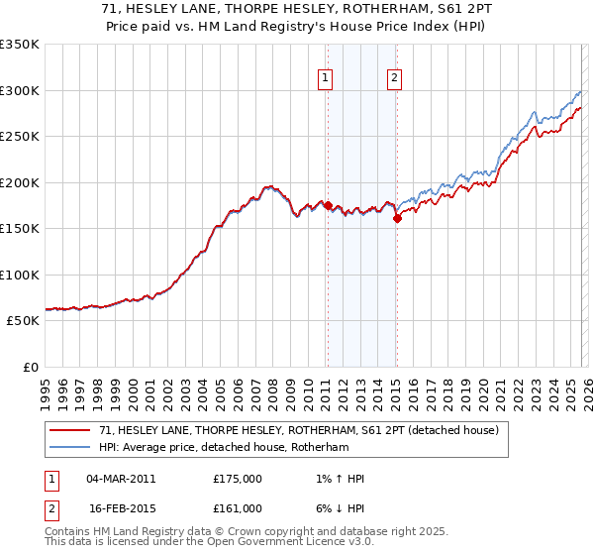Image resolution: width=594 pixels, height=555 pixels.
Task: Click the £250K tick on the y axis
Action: (x=20, y=136)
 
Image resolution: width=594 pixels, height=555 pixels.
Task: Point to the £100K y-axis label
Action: (x=20, y=275)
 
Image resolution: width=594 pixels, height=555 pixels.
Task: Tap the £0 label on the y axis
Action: (x=30, y=367)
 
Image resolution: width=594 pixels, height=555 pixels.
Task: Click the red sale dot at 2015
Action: (x=397, y=219)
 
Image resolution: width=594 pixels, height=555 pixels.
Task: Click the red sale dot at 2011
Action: (x=328, y=206)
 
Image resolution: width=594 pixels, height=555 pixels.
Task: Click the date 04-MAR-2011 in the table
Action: (x=121, y=479)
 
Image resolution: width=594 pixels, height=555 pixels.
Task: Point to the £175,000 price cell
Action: (x=238, y=479)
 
